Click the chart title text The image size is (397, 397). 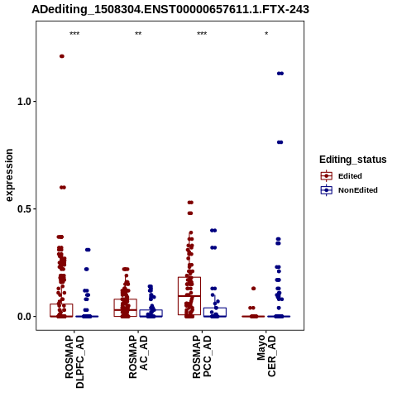pyautogui.click(x=170, y=9)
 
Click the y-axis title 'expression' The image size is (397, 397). pyautogui.click(x=9, y=175)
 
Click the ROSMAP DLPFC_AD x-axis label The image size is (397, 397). pyautogui.click(x=74, y=361)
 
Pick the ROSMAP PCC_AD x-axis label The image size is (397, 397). pyautogui.click(x=202, y=356)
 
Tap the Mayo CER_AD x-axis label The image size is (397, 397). pyautogui.click(x=266, y=356)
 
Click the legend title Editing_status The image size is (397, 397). pyautogui.click(x=353, y=160)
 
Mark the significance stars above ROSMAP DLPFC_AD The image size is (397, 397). pyautogui.click(x=74, y=34)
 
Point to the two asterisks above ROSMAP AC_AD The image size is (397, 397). pyautogui.click(x=138, y=34)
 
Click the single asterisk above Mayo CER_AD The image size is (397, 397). pyautogui.click(x=266, y=34)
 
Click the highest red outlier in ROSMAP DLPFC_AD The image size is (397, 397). pyautogui.click(x=62, y=56)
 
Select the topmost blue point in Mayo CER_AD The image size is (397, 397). pyautogui.click(x=280, y=74)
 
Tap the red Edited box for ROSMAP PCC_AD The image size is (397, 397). pyautogui.click(x=189, y=296)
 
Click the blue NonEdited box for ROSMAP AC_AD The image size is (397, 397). pyautogui.click(x=151, y=313)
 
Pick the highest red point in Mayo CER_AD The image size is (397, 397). pyautogui.click(x=253, y=289)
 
